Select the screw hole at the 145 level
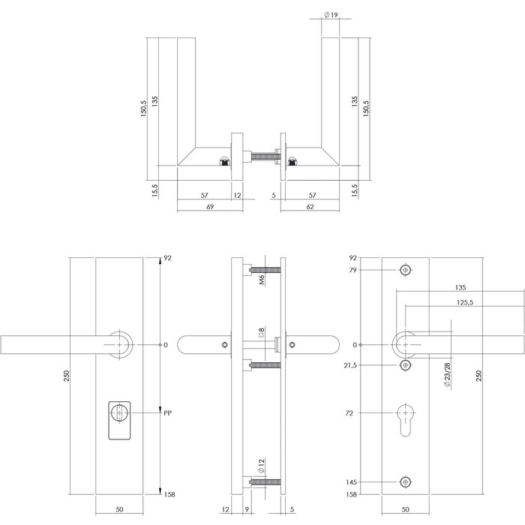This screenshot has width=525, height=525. pos(406,483)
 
